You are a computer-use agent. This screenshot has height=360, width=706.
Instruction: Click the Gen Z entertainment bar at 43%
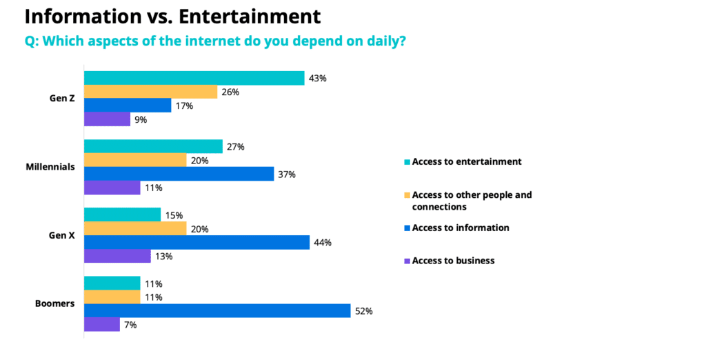click(x=194, y=78)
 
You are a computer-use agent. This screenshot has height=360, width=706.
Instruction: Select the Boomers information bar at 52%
click(x=217, y=311)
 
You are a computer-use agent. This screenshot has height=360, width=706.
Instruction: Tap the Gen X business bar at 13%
click(x=117, y=256)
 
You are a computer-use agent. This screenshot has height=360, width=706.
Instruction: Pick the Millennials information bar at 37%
click(x=179, y=174)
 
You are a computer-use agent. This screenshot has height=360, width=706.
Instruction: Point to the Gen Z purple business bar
click(x=107, y=119)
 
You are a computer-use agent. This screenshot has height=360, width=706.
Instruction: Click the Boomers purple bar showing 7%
click(x=101, y=324)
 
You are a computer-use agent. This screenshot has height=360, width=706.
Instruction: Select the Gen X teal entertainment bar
click(x=122, y=215)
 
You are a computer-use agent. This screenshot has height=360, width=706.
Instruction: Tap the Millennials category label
click(x=50, y=167)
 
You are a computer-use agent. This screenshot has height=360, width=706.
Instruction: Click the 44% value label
click(x=323, y=242)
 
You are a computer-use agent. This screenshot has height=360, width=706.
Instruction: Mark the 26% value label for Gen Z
click(x=230, y=92)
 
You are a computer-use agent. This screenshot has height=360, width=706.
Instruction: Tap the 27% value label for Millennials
click(x=236, y=147)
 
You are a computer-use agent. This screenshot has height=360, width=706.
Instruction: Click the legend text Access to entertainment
click(x=467, y=161)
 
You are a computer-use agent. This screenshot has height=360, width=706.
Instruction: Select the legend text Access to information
click(x=461, y=228)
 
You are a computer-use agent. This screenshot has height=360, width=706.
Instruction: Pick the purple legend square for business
click(x=407, y=261)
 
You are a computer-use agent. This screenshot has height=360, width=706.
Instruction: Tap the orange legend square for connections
click(x=407, y=195)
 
